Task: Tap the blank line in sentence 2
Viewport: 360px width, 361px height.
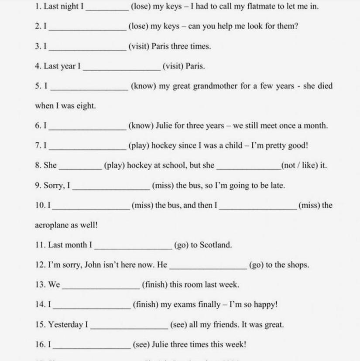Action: coord(88,29)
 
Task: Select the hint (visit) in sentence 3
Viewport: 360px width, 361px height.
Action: coord(139,46)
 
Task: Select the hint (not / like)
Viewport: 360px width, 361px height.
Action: coord(304,165)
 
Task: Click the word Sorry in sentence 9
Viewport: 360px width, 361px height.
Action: coord(55,186)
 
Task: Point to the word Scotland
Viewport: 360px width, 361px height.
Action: coord(216,245)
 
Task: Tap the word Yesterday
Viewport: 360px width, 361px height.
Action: coord(65,325)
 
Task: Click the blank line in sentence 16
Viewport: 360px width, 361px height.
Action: coord(91,347)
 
